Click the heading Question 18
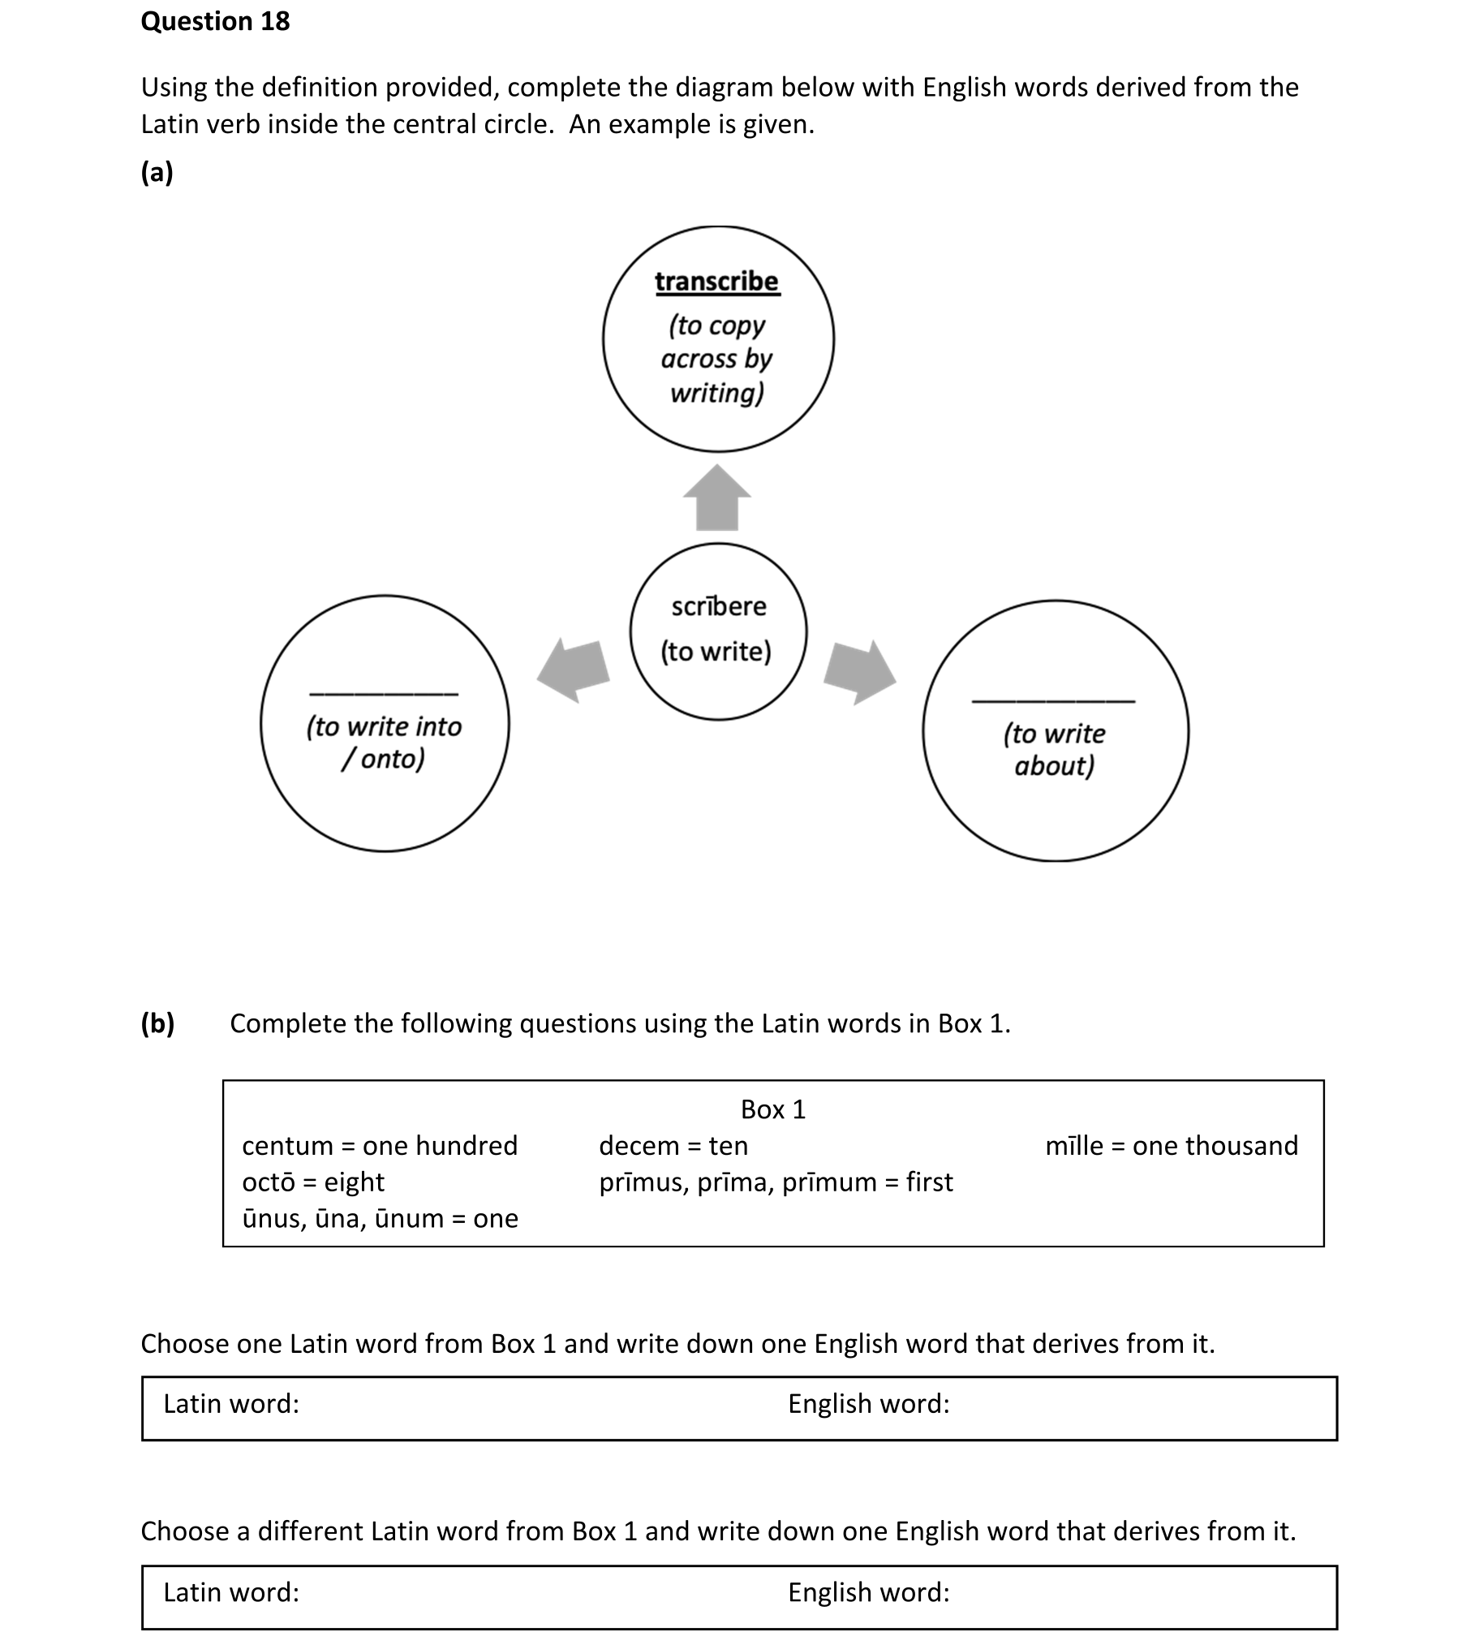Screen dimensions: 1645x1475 click(x=215, y=22)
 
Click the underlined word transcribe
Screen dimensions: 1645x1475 click(x=716, y=282)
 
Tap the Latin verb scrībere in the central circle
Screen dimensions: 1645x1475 click(x=718, y=606)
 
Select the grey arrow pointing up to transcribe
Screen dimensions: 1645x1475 click(x=717, y=497)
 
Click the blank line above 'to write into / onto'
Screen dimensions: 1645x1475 click(x=384, y=693)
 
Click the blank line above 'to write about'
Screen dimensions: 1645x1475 click(x=1053, y=700)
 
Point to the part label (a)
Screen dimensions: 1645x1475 click(x=157, y=172)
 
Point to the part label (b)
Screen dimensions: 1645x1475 click(x=157, y=1023)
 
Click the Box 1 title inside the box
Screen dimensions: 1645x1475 click(x=772, y=1109)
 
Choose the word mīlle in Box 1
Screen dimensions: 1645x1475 click(x=1073, y=1146)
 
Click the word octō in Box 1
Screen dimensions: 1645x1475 click(x=268, y=1182)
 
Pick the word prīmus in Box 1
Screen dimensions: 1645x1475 click(x=643, y=1182)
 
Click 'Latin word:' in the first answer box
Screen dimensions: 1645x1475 click(x=231, y=1403)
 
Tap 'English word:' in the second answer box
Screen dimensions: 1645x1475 click(x=868, y=1592)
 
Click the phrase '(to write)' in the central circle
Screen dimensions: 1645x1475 click(x=716, y=652)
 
